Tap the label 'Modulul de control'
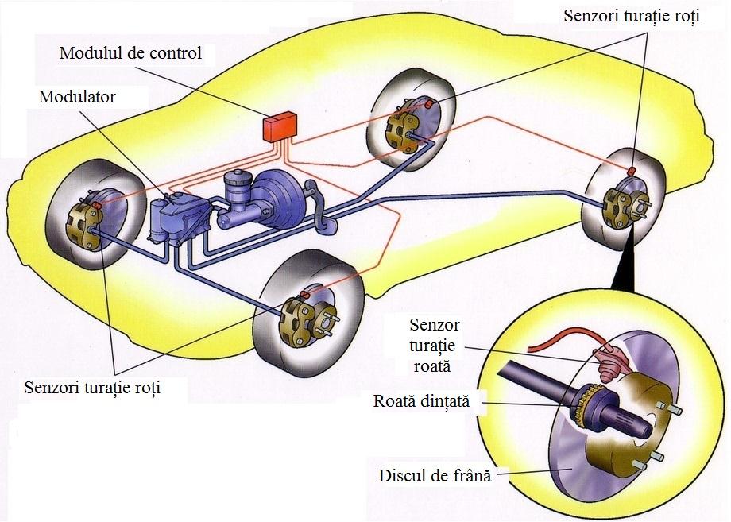(x=131, y=54)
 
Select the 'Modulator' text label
(x=76, y=97)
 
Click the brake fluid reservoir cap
(x=237, y=176)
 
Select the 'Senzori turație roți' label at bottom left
(x=92, y=389)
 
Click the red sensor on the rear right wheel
(x=631, y=171)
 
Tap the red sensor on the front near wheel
(x=304, y=295)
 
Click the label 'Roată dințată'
(x=421, y=401)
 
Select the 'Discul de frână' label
(x=433, y=477)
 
